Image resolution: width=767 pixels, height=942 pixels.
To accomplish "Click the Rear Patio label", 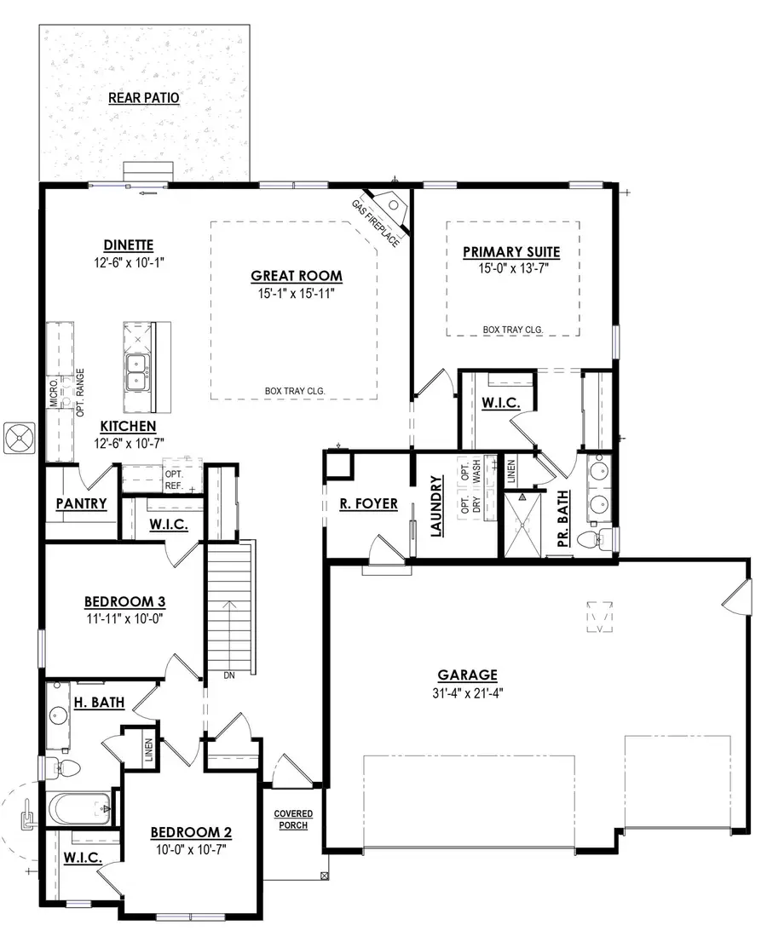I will [144, 97].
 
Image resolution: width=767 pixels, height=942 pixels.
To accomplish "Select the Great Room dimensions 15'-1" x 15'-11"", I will [296, 295].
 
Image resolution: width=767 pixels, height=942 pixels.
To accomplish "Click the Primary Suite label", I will [510, 251].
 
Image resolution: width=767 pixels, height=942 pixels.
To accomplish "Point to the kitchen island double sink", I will [137, 373].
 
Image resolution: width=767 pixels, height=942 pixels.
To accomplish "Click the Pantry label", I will [81, 503].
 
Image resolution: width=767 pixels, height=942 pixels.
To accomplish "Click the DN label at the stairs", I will [228, 675].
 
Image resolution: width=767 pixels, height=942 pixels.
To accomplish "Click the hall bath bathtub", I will [81, 808].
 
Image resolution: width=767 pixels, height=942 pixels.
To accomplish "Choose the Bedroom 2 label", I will [191, 832].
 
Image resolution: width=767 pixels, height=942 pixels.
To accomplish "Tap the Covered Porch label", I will [292, 819].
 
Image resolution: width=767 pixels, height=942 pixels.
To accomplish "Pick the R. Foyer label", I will [369, 503].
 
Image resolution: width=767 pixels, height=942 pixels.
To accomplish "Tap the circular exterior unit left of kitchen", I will [19, 439].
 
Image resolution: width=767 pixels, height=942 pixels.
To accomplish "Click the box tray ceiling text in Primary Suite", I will [513, 329].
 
